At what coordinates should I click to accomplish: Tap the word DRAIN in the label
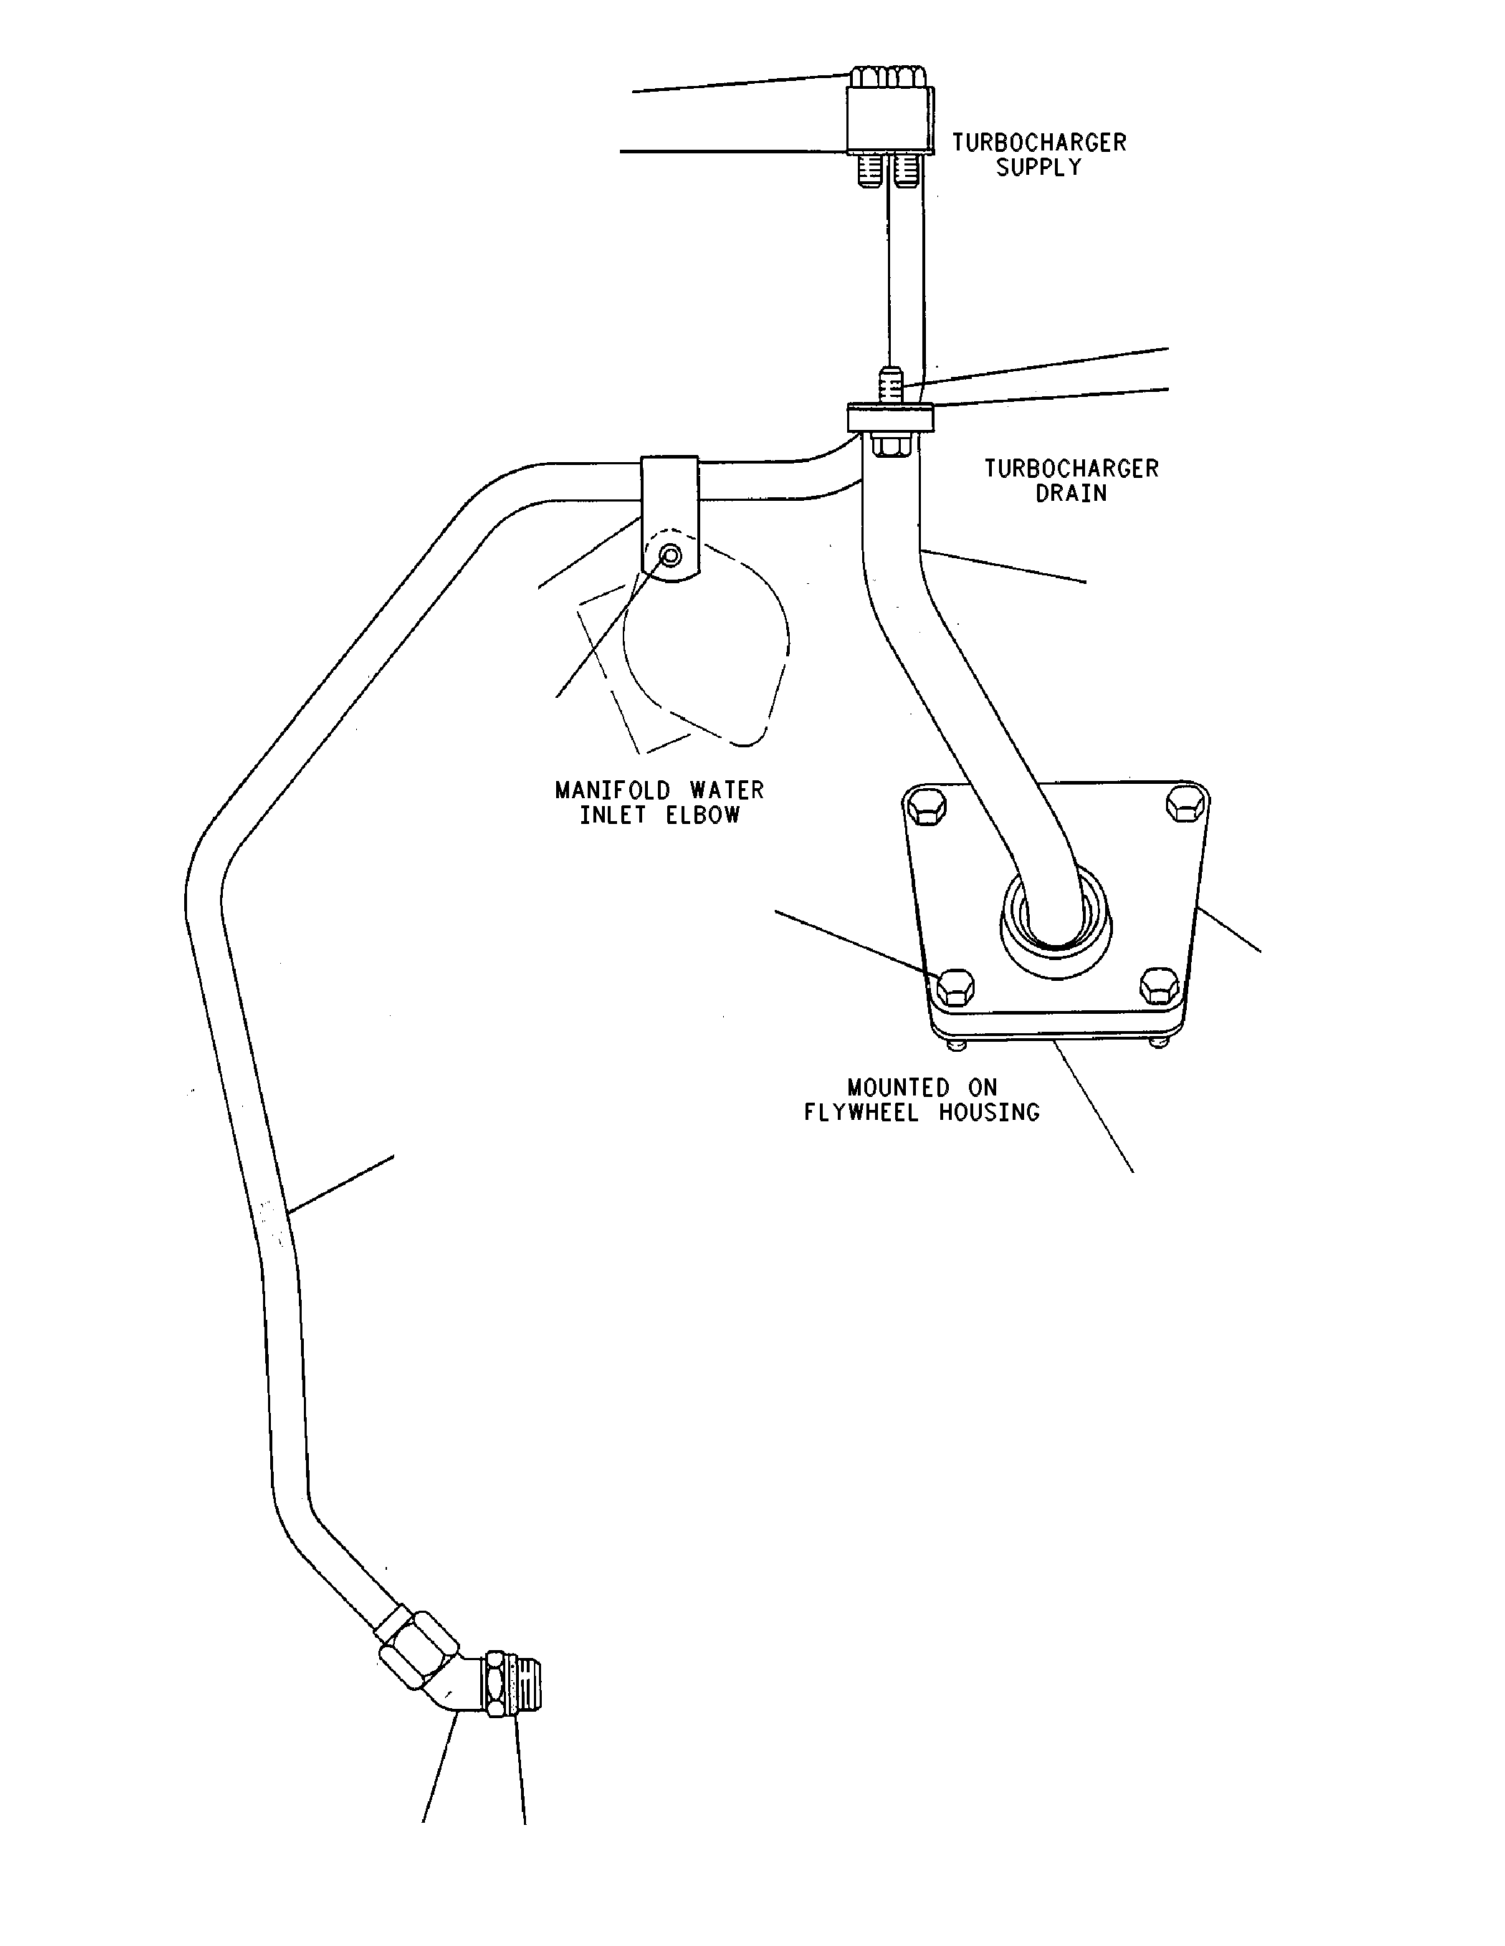coord(1070,494)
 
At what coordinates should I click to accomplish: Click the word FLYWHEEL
coord(861,1113)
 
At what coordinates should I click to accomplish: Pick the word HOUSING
coord(989,1113)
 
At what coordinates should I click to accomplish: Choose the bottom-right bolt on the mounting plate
coord(1160,985)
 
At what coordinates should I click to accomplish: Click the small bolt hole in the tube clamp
coord(671,556)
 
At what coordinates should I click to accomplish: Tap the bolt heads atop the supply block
coord(889,77)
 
